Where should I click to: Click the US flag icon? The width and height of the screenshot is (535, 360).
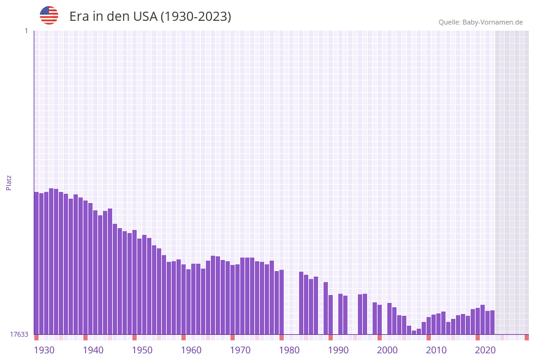(49, 15)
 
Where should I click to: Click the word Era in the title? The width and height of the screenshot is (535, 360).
(79, 17)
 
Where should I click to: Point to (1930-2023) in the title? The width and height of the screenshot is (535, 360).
(196, 17)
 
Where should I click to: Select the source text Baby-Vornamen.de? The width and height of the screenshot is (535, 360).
(493, 22)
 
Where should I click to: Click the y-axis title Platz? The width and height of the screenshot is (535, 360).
(9, 182)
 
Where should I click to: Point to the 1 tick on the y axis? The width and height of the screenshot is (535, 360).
(26, 31)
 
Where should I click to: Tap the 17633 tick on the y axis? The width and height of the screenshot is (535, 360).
(19, 334)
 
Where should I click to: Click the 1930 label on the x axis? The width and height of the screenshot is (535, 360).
(44, 350)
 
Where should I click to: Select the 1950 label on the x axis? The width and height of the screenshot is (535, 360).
(142, 350)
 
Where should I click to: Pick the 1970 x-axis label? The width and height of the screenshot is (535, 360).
(240, 350)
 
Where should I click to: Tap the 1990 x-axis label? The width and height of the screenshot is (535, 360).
(338, 350)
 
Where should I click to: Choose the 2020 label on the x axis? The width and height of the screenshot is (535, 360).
(485, 350)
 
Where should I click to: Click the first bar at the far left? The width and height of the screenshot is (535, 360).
(36, 264)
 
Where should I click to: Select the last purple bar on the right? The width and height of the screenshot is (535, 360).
(492, 323)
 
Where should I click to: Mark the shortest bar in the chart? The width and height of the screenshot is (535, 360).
(414, 332)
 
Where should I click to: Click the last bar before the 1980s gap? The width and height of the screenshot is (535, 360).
(281, 302)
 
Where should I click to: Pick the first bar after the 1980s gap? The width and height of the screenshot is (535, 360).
(301, 303)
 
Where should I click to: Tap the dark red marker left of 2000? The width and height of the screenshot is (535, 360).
(379, 337)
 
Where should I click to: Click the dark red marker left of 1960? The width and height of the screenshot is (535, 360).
(183, 337)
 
